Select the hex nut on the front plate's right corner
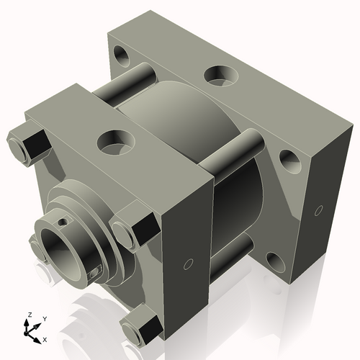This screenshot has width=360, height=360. (x=135, y=226)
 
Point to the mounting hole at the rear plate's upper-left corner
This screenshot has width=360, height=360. (x=122, y=55)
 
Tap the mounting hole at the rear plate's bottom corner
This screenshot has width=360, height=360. (x=276, y=260)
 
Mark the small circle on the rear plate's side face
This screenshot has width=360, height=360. (x=318, y=210)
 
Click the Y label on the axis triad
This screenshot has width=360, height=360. (x=45, y=318)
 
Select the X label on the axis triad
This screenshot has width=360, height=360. (x=45, y=338)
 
